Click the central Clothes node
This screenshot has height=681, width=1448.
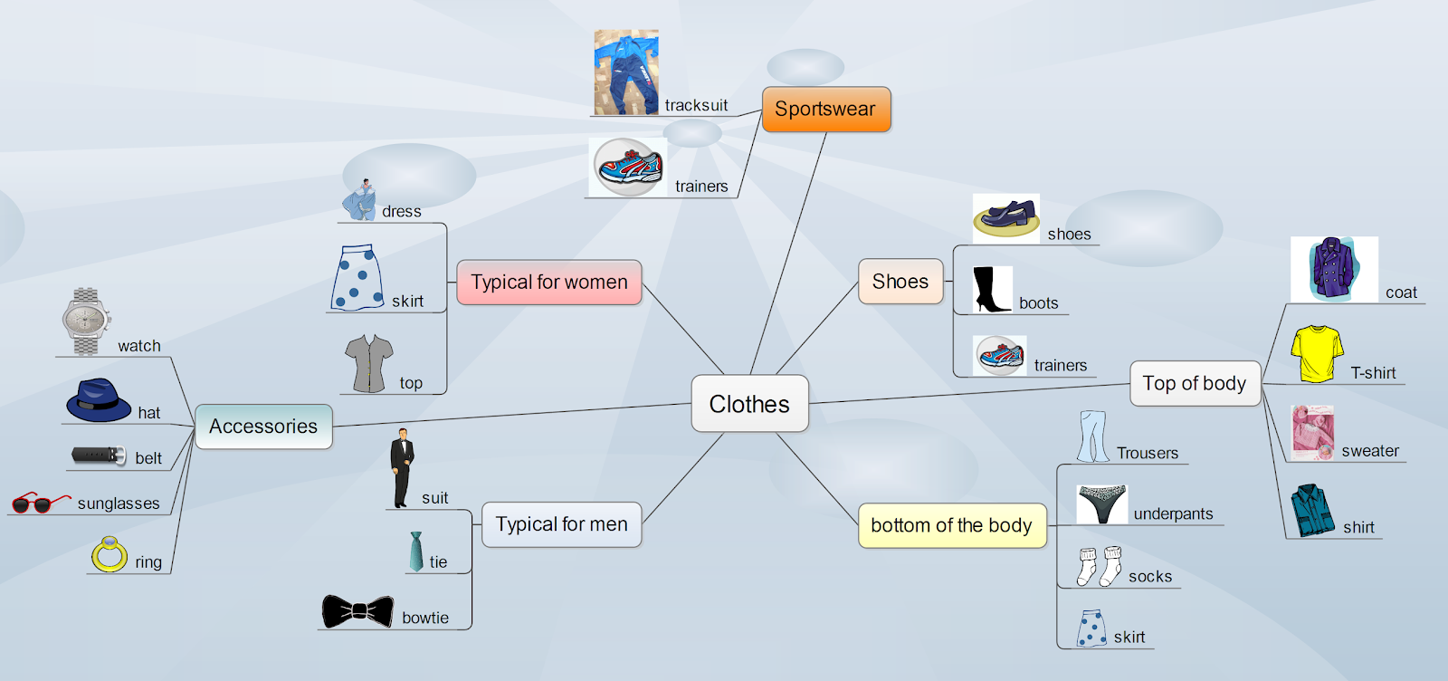[749, 404]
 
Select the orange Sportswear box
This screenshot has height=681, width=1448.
[825, 110]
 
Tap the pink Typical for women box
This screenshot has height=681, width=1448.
[548, 282]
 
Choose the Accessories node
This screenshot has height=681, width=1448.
[263, 427]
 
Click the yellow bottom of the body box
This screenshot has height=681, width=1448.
[951, 525]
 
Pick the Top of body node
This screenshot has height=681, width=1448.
[1194, 383]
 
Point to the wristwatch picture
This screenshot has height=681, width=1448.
[86, 322]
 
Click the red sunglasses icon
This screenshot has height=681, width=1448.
[39, 503]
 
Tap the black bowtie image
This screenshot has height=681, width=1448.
[357, 612]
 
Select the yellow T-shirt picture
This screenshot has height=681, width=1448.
[1317, 353]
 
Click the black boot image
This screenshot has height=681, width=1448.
[990, 290]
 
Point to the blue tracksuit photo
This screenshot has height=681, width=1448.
[626, 72]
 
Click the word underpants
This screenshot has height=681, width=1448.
[1173, 513]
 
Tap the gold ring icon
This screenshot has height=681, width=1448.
[110, 554]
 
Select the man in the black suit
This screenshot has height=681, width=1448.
[402, 467]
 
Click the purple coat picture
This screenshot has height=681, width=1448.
[1333, 269]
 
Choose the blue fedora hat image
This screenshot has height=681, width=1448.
[99, 400]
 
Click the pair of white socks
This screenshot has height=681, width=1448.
[1099, 566]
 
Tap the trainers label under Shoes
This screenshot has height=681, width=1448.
[1060, 365]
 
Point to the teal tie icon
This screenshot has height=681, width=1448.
[415, 552]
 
